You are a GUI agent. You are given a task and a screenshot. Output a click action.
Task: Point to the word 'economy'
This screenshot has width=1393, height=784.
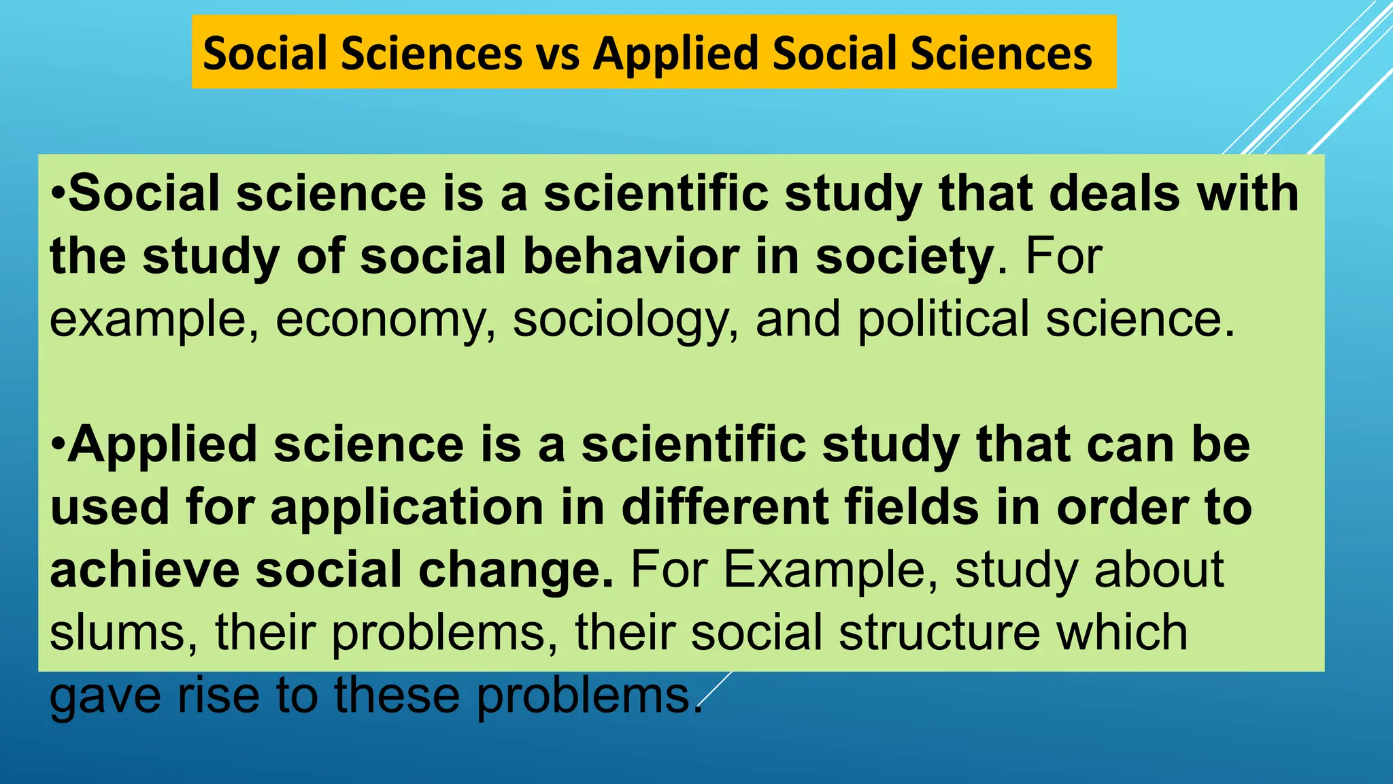click(x=385, y=320)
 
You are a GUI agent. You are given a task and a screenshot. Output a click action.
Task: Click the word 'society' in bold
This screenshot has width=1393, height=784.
click(x=905, y=257)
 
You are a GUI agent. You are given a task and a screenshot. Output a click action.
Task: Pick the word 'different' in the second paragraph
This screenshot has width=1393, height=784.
click(x=724, y=507)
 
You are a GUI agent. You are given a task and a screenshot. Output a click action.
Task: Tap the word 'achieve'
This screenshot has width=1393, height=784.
click(x=144, y=570)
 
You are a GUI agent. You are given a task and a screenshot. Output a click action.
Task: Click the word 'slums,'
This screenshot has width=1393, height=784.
click(x=124, y=632)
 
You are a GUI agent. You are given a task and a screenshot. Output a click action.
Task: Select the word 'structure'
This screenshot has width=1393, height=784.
click(x=939, y=632)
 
